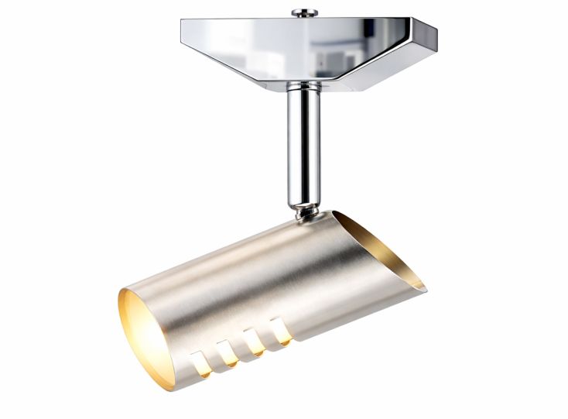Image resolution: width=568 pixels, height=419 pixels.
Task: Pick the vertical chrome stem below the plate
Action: coord(304,147)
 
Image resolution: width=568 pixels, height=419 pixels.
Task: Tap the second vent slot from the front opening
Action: coord(228,352)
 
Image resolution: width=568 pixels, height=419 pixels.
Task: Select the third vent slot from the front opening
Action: coord(254,342)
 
